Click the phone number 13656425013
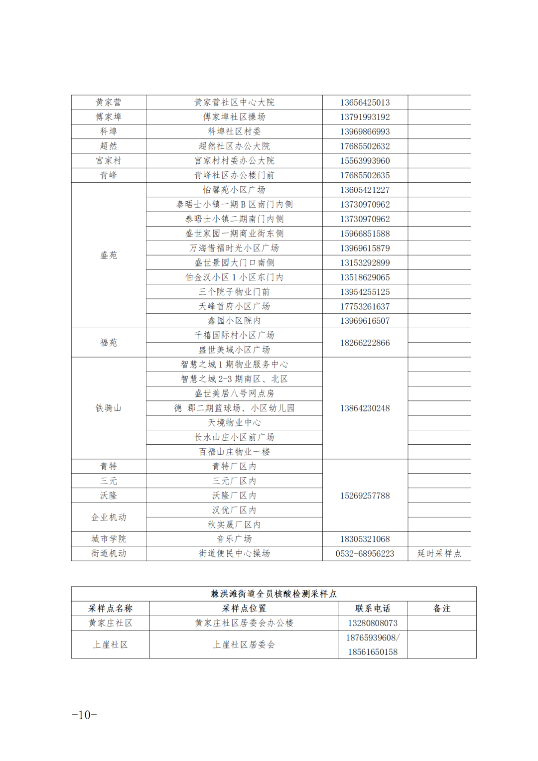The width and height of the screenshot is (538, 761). [365, 103]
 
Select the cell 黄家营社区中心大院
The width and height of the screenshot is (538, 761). [234, 103]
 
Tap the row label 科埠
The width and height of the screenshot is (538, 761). [109, 131]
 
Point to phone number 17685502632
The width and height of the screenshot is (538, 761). [365, 146]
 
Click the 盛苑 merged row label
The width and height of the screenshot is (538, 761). [109, 255]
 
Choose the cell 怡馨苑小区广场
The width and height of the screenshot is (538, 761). [234, 190]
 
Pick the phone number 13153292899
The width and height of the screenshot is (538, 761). [365, 263]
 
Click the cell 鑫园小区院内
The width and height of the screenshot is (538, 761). [234, 321]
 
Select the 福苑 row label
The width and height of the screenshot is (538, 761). [109, 343]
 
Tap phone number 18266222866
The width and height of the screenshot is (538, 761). [365, 343]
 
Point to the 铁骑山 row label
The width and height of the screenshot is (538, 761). [109, 408]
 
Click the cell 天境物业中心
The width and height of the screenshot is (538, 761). [234, 423]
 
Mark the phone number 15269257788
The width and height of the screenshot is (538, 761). [365, 496]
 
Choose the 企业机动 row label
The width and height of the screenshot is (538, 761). [109, 517]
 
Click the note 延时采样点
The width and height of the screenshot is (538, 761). [439, 554]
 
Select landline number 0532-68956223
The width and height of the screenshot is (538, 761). [365, 554]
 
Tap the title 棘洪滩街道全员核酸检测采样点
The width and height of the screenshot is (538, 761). [273, 594]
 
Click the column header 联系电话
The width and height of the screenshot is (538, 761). [373, 609]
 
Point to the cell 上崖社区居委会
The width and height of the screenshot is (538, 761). [244, 645]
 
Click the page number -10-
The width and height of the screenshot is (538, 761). [84, 715]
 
